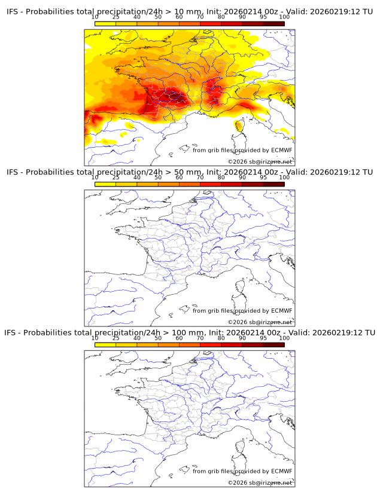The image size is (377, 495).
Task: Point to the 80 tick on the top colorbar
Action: tap(221, 17)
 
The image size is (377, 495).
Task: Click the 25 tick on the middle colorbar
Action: tap(116, 178)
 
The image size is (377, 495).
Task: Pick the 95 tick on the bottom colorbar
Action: tap(263, 338)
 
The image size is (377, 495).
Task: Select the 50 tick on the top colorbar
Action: tap(158, 17)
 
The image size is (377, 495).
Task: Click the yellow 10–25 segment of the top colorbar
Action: tap(105, 24)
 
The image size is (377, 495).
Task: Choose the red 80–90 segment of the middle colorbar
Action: tap(232, 184)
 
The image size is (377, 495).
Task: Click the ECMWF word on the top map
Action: tap(281, 150)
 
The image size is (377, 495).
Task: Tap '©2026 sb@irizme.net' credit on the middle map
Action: tap(260, 322)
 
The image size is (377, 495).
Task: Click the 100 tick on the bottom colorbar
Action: tap(284, 338)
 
